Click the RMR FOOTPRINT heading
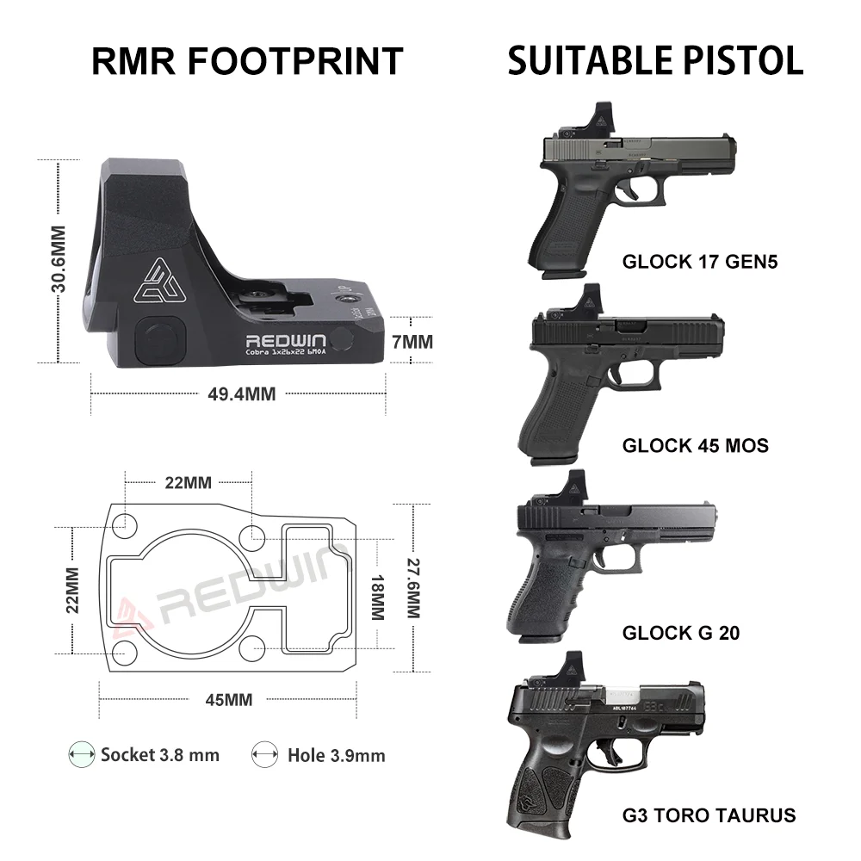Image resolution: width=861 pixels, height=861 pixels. [x=247, y=61]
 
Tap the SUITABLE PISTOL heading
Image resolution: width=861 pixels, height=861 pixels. [x=655, y=61]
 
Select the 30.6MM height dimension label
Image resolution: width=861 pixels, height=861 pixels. [x=59, y=259]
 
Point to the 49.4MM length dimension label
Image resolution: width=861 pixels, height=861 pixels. [x=242, y=393]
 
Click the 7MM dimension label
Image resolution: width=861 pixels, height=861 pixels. [x=412, y=342]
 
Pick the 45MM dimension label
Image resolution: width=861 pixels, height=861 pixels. [x=228, y=699]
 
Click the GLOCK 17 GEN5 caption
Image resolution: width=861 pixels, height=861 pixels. [x=699, y=262]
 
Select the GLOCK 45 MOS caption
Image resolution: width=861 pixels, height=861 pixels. [x=695, y=446]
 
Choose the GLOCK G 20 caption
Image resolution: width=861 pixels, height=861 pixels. [x=681, y=634]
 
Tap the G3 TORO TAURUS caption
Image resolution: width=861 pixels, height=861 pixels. [x=709, y=815]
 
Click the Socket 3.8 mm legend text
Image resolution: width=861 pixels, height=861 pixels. [x=160, y=755]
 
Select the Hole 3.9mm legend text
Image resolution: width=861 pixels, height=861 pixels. [x=336, y=756]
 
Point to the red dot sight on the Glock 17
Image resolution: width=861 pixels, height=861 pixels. [x=601, y=118]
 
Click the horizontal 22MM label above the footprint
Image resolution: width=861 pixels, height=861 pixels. [x=188, y=482]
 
